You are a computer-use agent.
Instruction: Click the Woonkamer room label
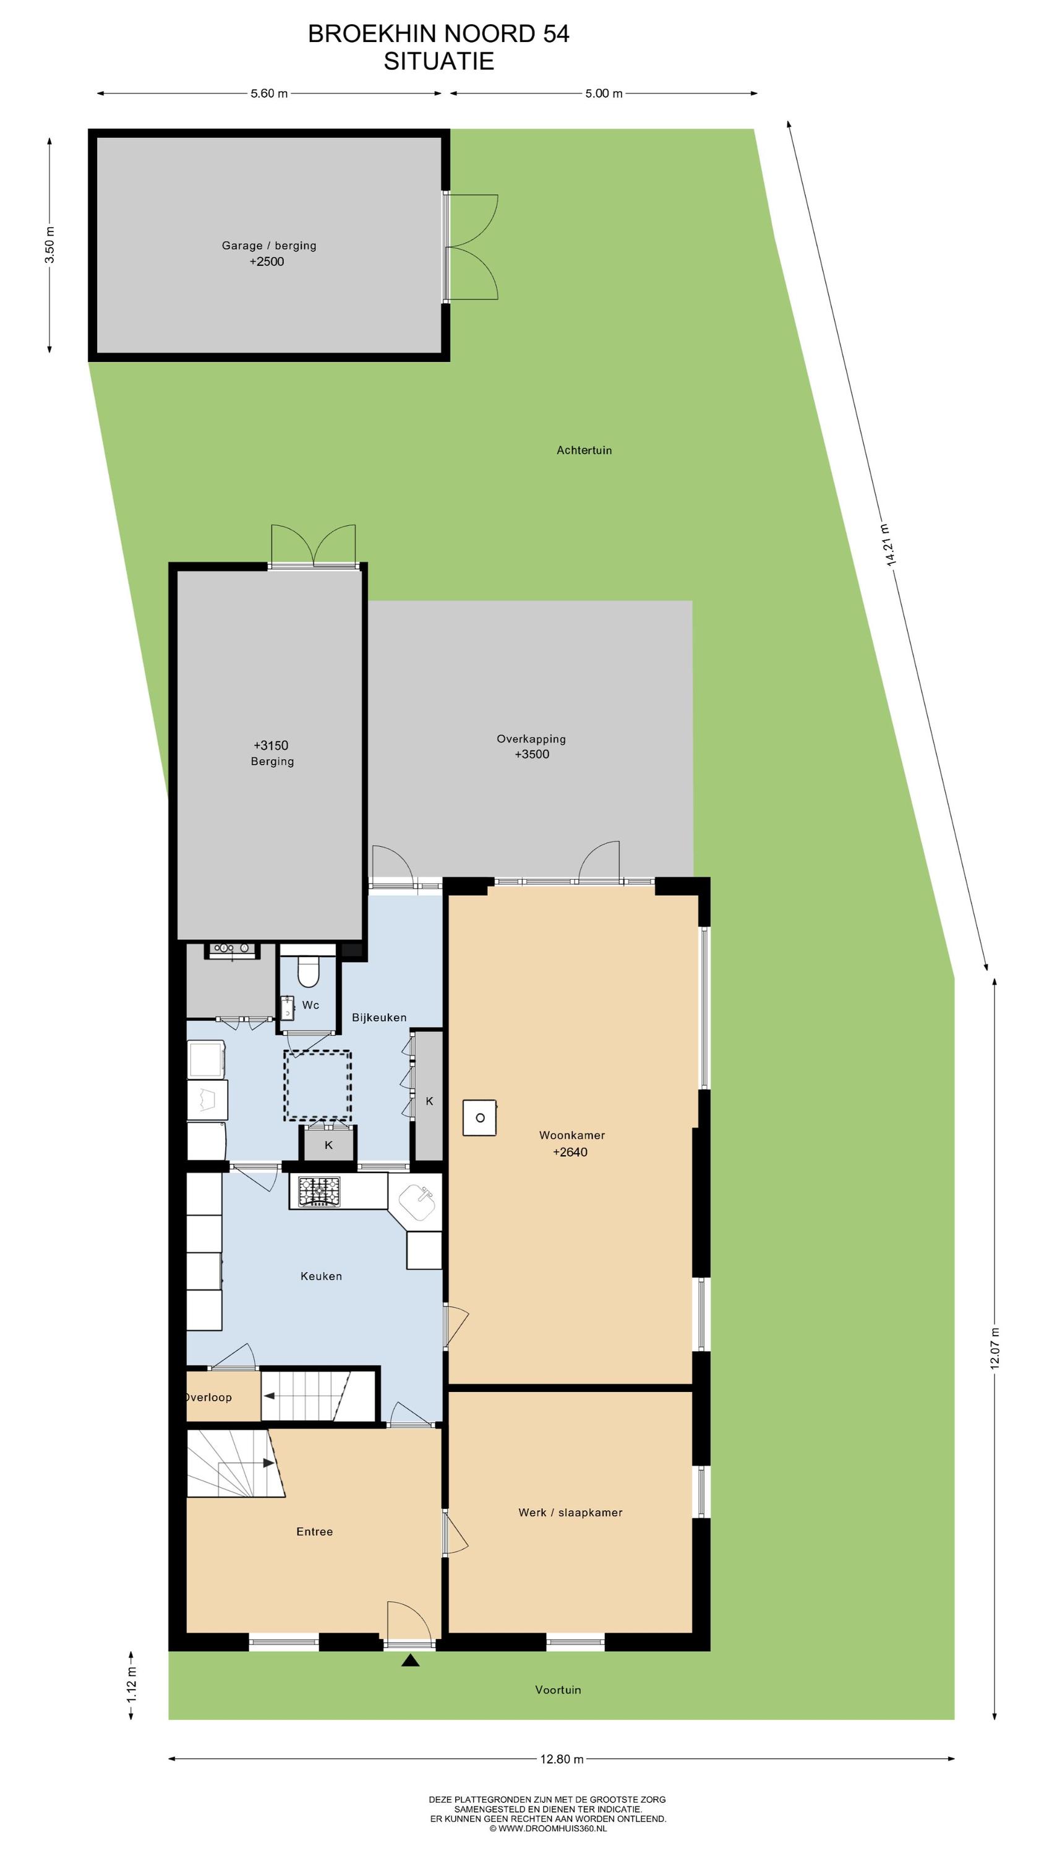coord(572,1135)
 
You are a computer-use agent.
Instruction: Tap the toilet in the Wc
coord(309,970)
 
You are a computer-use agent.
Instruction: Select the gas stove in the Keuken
coord(319,1191)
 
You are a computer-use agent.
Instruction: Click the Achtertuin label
coord(584,450)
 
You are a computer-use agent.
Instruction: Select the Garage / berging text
coord(269,246)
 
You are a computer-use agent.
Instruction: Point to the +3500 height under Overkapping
coord(532,754)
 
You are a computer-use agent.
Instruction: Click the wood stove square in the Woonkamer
coord(480,1118)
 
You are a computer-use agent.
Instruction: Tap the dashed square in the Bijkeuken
coord(318,1086)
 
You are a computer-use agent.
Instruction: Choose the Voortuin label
coord(558,1690)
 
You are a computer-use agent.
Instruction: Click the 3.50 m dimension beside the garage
coord(49,245)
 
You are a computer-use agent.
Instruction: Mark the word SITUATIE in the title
coord(439,61)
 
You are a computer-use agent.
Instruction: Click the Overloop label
coord(208,1397)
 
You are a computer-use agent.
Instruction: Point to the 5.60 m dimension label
coord(270,93)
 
